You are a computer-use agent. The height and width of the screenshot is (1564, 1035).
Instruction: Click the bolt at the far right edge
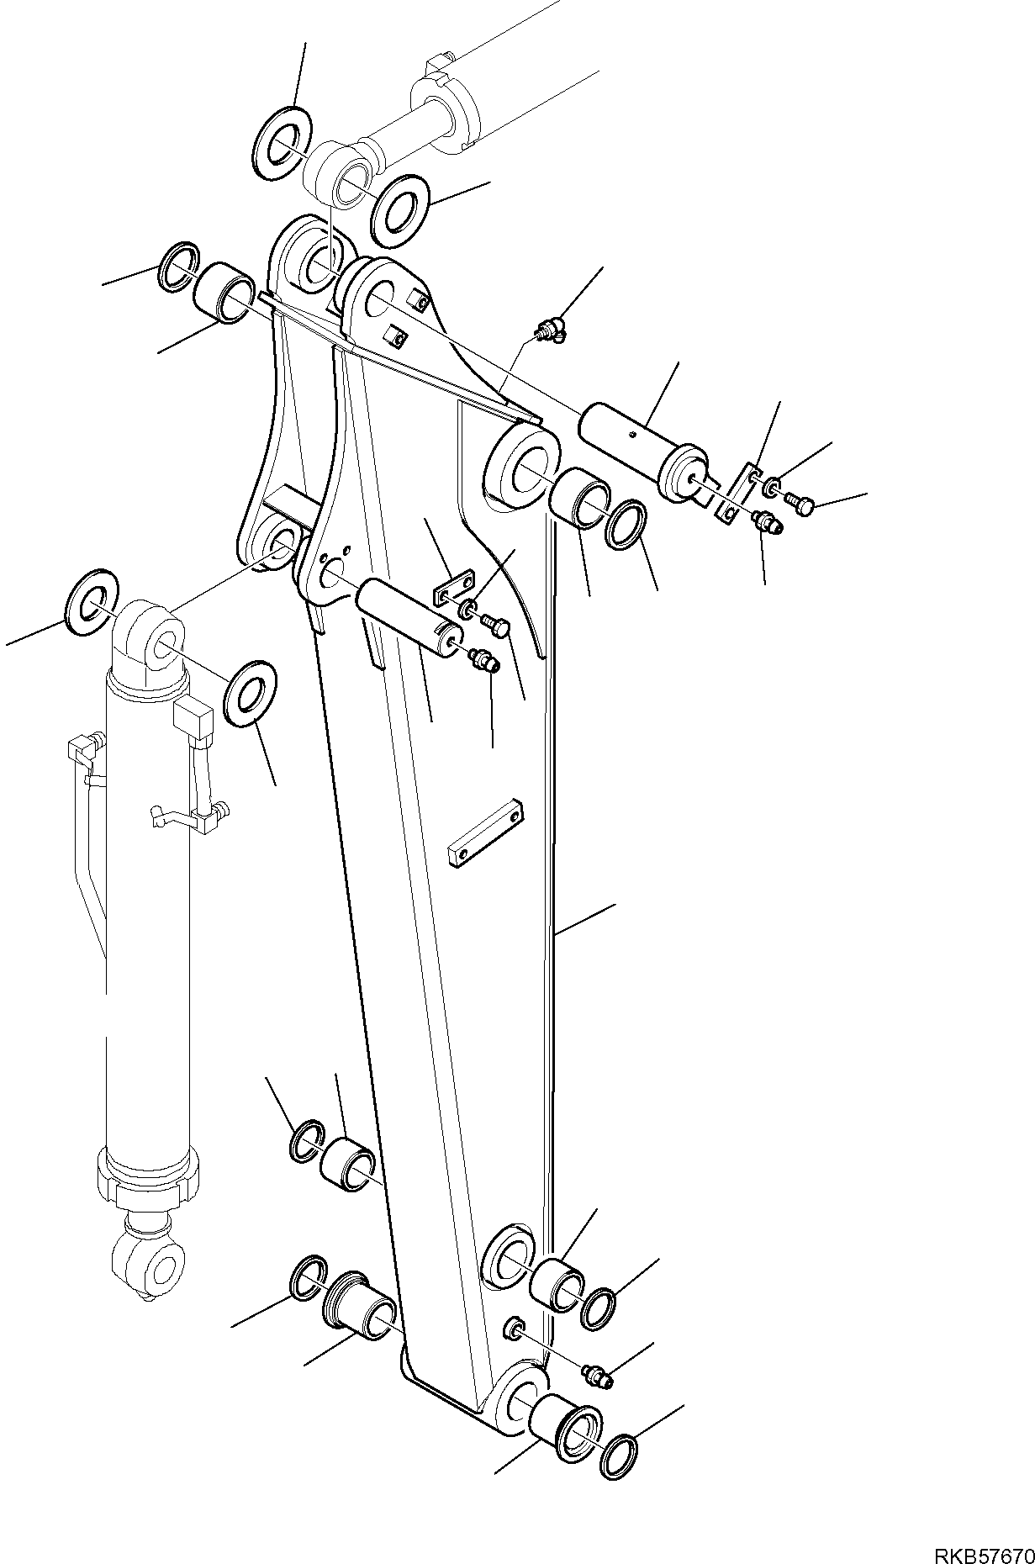point(801,505)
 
